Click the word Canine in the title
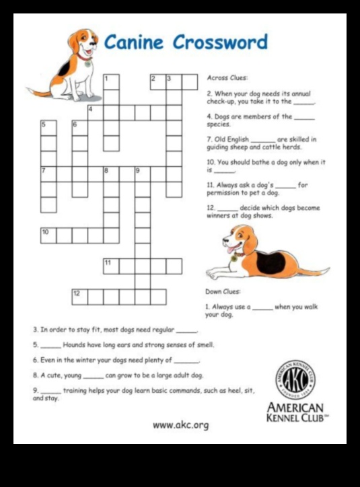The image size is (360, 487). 133,42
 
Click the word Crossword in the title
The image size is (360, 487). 219,42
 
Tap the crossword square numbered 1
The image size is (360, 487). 111,82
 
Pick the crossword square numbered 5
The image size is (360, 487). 48,128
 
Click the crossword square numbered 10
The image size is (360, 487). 48,235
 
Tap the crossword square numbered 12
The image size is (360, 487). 79,296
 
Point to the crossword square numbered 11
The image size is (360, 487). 111,266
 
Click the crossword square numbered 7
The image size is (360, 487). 48,174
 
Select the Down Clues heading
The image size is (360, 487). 223,291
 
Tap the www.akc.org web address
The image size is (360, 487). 180,424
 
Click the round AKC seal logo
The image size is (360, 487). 295,380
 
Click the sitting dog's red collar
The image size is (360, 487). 83,59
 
